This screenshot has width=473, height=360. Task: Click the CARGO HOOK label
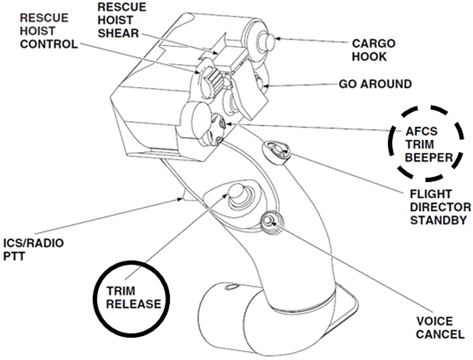pos(373,50)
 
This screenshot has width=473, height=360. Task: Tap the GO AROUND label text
pos(375,84)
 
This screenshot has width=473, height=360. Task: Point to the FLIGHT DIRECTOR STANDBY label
pos(440,207)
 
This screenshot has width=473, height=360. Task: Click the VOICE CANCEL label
pos(440,328)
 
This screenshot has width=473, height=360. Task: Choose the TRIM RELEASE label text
pos(133,297)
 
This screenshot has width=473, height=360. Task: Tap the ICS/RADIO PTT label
pos(34,249)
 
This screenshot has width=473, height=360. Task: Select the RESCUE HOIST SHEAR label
pos(122,20)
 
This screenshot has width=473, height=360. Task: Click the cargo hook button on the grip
pos(267,42)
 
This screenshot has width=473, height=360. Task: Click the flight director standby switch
pos(279,150)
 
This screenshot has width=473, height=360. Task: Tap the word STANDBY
pos(432,220)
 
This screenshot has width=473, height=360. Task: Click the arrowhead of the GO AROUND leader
pos(265,86)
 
